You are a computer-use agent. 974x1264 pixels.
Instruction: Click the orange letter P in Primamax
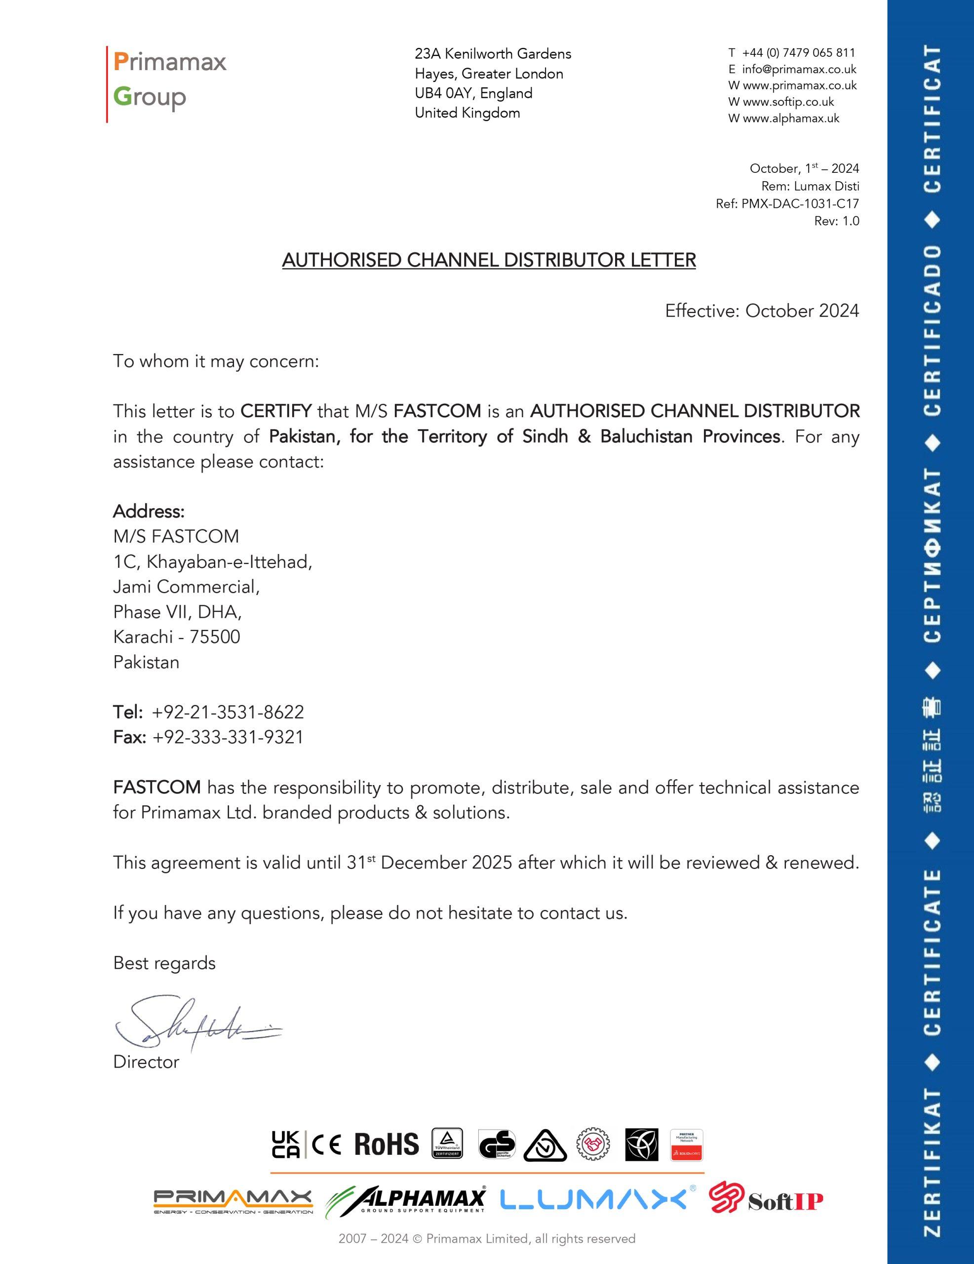pyautogui.click(x=120, y=62)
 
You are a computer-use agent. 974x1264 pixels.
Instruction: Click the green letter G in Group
pyautogui.click(x=122, y=96)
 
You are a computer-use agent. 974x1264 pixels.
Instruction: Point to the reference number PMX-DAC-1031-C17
pyautogui.click(x=800, y=204)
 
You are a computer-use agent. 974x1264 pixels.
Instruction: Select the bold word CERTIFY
pyautogui.click(x=276, y=411)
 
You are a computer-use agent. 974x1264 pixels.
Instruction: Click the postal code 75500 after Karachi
pyautogui.click(x=215, y=637)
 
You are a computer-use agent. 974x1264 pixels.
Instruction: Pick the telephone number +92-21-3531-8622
pyautogui.click(x=228, y=712)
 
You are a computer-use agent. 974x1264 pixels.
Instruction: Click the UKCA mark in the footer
pyautogui.click(x=286, y=1145)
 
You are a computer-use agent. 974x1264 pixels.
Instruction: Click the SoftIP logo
pyautogui.click(x=766, y=1199)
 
